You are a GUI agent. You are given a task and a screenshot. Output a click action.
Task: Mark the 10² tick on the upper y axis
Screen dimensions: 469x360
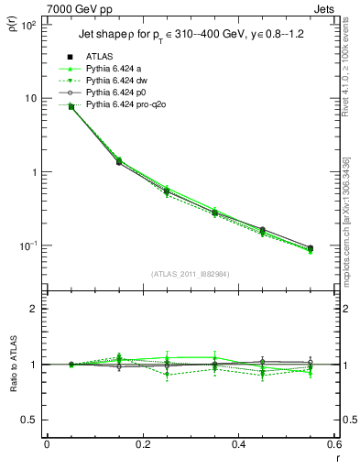tap(29, 25)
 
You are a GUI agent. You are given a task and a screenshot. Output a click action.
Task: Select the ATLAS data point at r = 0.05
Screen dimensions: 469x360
tap(71, 107)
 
